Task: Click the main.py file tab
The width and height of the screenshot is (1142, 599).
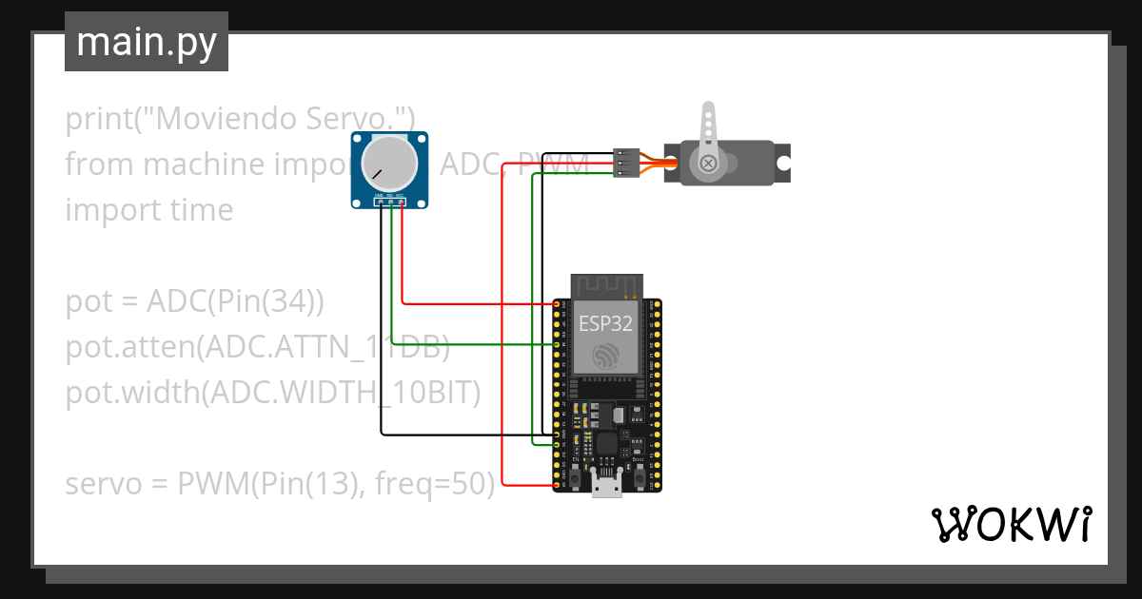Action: pos(146,42)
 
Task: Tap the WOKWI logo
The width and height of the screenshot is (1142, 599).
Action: pos(1010,524)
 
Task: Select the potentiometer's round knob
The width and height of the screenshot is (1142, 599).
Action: pos(389,162)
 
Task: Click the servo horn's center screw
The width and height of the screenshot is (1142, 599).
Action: pos(708,164)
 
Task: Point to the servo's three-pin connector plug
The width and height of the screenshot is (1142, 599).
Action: pos(625,163)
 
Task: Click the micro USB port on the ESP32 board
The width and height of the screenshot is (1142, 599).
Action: pos(606,486)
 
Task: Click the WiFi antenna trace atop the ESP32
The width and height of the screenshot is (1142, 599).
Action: pos(607,284)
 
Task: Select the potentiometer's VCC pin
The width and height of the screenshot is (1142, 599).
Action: pos(402,203)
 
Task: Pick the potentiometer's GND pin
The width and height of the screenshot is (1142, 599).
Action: pos(380,203)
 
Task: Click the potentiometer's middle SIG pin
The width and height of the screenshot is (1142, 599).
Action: pos(390,203)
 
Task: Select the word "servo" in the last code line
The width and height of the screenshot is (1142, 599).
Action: pos(106,484)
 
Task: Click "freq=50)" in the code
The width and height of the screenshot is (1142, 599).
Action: pos(435,484)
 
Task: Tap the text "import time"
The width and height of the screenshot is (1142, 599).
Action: pos(148,210)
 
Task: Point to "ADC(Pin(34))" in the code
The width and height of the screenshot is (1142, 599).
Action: pos(235,301)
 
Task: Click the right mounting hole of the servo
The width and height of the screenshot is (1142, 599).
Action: pos(782,164)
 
